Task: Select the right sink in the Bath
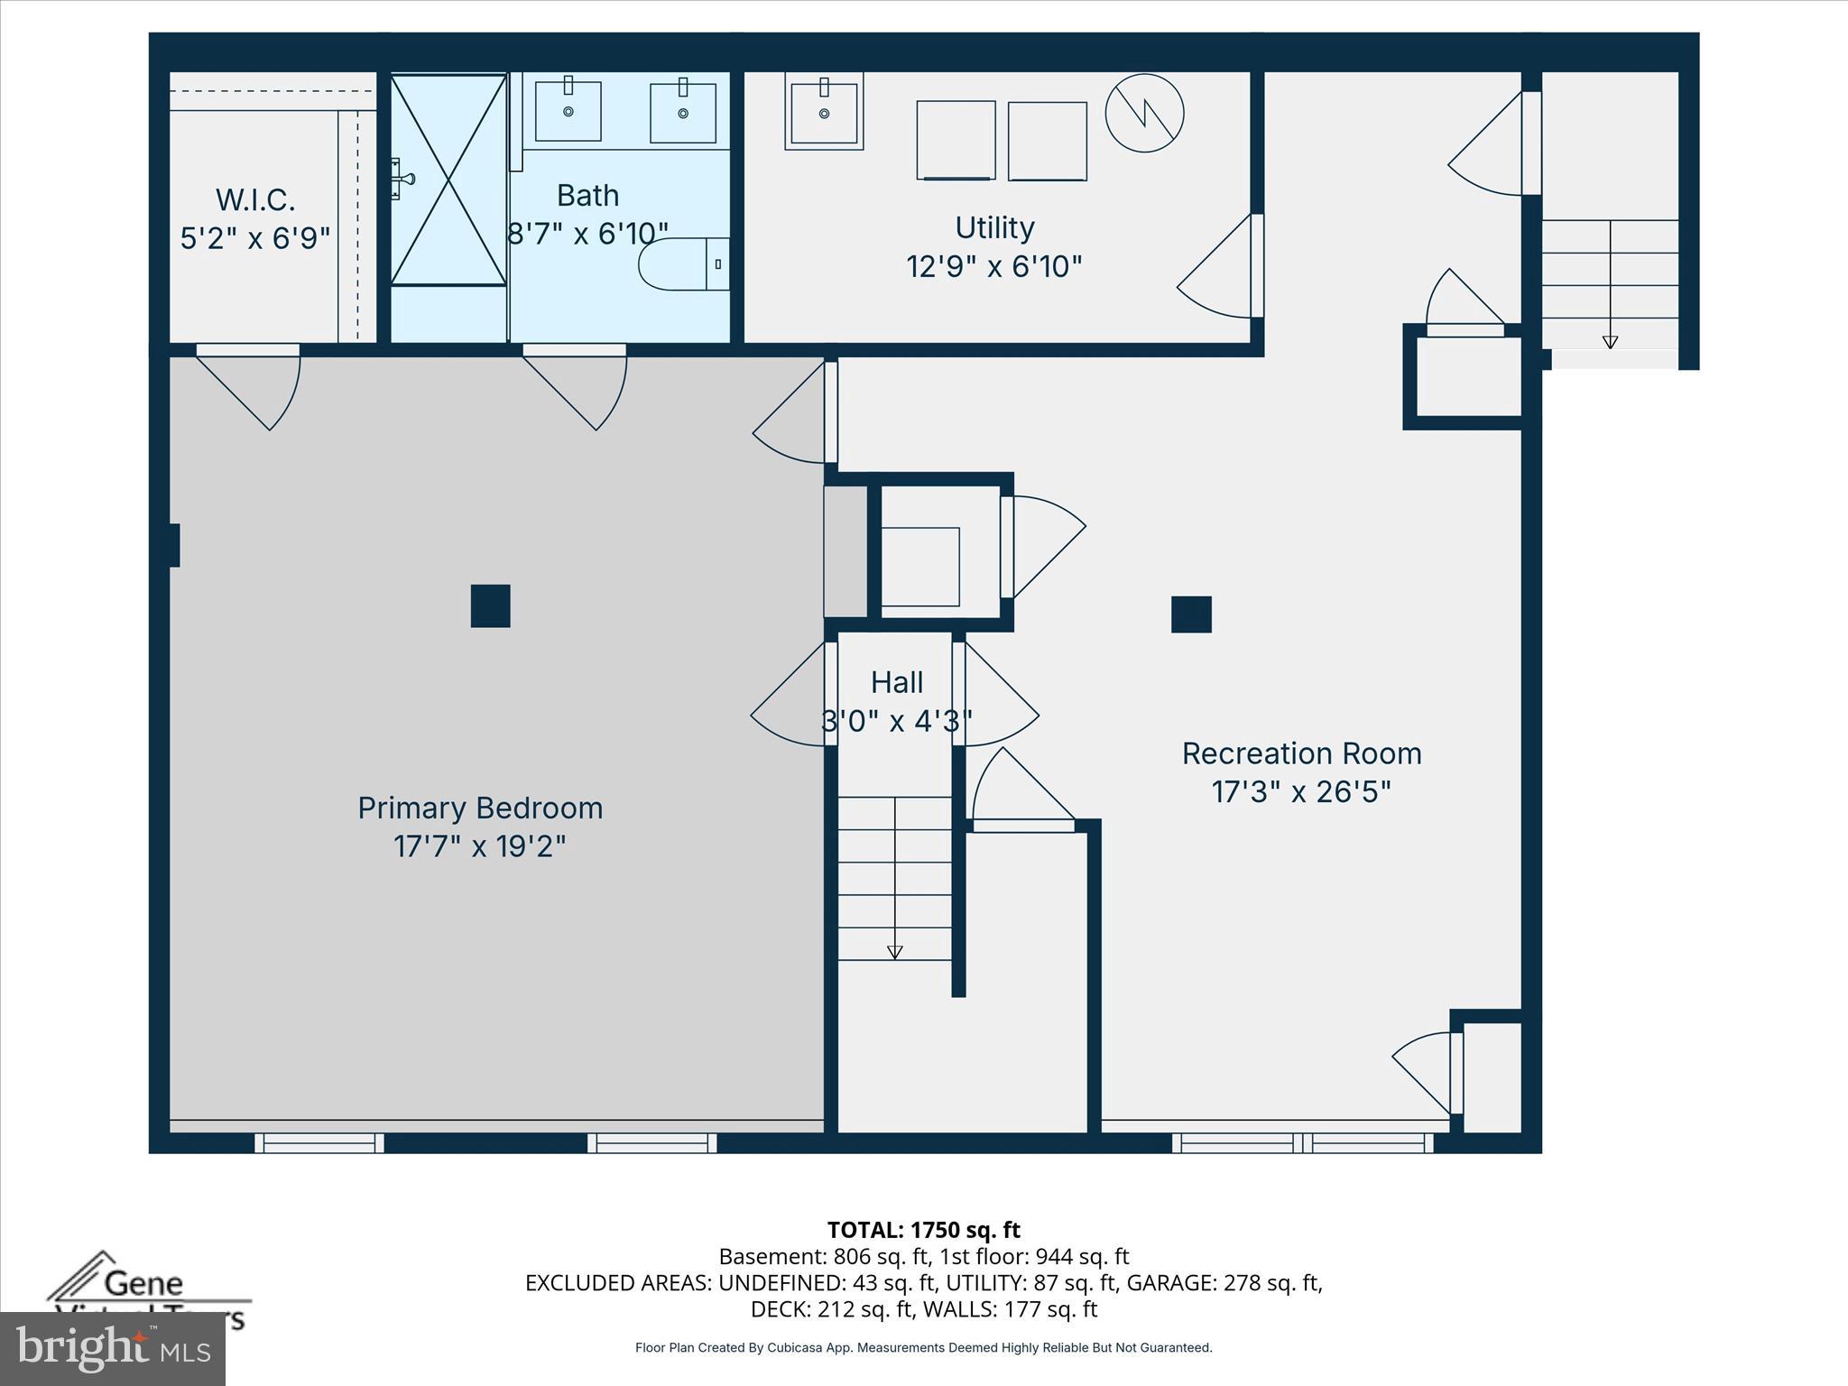(x=683, y=112)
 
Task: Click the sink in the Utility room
(x=824, y=112)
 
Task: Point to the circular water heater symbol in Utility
(x=1144, y=113)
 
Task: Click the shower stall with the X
(x=448, y=180)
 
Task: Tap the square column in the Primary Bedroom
(x=490, y=605)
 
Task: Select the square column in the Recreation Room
(x=1191, y=614)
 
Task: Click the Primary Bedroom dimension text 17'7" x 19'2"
(x=479, y=846)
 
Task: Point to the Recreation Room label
(x=1301, y=753)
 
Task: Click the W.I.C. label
(x=255, y=199)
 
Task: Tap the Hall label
(x=896, y=682)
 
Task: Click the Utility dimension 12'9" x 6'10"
(x=993, y=266)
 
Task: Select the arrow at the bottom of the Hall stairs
(x=894, y=952)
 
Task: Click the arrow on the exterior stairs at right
(x=1610, y=342)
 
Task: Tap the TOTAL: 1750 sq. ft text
(x=923, y=1230)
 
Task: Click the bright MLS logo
(x=113, y=1348)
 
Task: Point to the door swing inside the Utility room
(x=1218, y=271)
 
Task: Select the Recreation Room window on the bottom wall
(x=1302, y=1143)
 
